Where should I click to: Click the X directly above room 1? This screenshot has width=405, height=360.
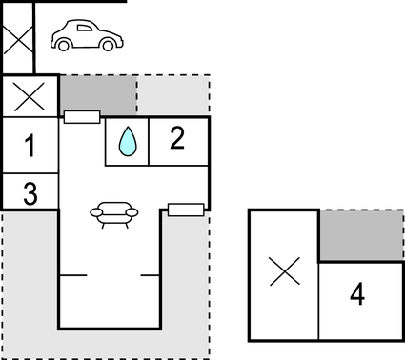(x=30, y=96)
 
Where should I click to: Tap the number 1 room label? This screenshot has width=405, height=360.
(x=30, y=147)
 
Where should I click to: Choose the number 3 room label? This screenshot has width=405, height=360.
(x=30, y=193)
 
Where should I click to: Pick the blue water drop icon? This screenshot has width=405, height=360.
(x=127, y=143)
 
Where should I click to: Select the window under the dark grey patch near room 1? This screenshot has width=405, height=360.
(x=82, y=117)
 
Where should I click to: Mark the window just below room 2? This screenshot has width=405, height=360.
(x=185, y=209)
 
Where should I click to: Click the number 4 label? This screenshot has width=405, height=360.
(x=357, y=293)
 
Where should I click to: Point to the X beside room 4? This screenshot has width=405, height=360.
(x=283, y=273)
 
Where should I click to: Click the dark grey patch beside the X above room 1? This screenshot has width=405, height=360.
(x=98, y=96)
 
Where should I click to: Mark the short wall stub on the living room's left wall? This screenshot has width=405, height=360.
(x=72, y=274)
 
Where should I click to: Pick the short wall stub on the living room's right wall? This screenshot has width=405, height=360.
(x=150, y=274)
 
